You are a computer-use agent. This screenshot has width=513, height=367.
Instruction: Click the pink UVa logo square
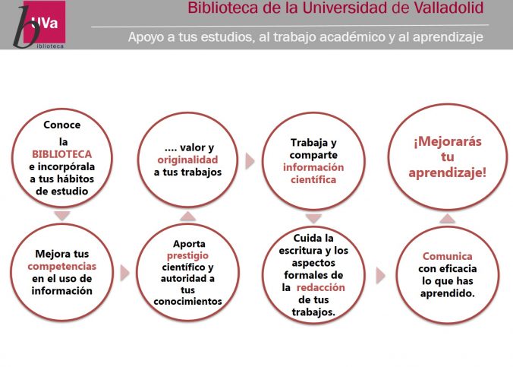click(x=45, y=21)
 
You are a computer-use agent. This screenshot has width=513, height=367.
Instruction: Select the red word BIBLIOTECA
click(x=61, y=154)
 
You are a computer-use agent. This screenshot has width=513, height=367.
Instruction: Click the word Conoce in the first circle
click(x=61, y=125)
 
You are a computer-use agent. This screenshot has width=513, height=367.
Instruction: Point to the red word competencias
click(x=61, y=267)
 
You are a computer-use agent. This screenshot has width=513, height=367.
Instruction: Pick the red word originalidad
click(x=187, y=160)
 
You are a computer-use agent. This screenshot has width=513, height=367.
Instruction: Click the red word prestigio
click(x=187, y=256)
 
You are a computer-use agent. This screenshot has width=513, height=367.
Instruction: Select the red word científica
click(x=313, y=179)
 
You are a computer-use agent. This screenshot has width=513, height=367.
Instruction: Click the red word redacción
click(x=320, y=287)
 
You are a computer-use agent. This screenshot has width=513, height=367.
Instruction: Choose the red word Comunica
click(x=447, y=256)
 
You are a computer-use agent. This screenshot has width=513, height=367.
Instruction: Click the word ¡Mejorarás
click(x=448, y=141)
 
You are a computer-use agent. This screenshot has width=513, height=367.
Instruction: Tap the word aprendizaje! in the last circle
click(x=448, y=172)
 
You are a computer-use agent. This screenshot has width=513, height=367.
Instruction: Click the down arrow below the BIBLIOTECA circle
click(x=62, y=216)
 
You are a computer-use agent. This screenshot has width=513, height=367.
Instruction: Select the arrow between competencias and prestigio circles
click(x=124, y=273)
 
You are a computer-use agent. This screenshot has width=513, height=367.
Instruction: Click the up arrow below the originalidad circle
click(x=187, y=217)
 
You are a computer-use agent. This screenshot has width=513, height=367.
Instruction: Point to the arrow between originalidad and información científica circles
click(x=250, y=161)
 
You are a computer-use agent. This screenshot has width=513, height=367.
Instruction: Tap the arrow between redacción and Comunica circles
click(x=380, y=276)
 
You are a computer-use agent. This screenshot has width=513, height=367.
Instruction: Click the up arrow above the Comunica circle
click(x=447, y=218)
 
